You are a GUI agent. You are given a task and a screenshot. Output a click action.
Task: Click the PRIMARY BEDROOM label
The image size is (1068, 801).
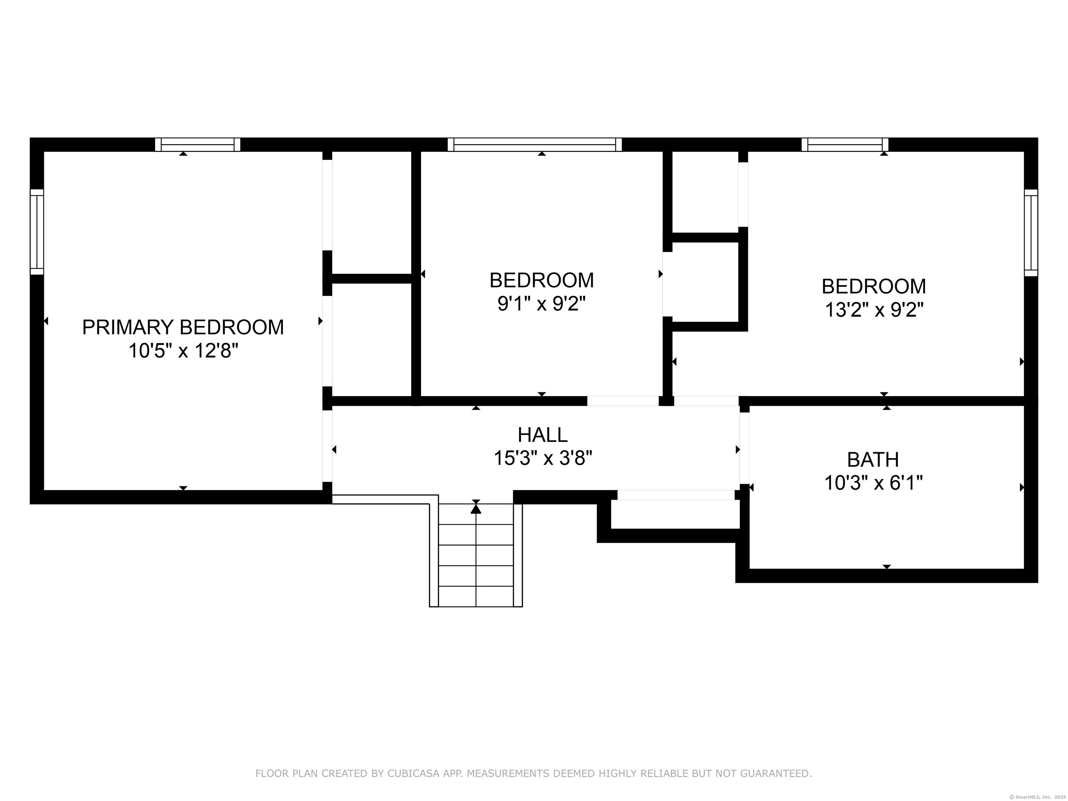(x=183, y=327)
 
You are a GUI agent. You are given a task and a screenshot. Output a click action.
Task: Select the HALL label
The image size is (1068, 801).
(x=542, y=435)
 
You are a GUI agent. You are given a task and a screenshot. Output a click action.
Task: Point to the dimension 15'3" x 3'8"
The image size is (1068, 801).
(x=542, y=458)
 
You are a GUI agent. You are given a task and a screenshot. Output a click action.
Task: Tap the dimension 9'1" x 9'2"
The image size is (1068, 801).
(x=541, y=304)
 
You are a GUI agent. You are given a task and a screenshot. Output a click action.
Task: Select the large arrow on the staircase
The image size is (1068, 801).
(x=476, y=508)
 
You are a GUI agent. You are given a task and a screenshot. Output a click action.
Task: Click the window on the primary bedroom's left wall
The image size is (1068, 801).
(x=37, y=232)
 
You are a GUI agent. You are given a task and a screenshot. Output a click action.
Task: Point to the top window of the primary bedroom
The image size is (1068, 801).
(x=197, y=144)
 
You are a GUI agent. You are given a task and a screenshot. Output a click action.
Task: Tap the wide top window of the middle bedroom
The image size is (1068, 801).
(x=534, y=144)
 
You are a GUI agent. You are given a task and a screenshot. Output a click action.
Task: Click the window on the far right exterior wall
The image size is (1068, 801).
(x=1030, y=233)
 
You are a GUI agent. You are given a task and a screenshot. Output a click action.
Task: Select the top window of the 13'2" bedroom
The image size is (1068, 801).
(x=844, y=144)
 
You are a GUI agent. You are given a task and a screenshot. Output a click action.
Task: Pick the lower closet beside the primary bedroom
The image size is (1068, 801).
(x=371, y=339)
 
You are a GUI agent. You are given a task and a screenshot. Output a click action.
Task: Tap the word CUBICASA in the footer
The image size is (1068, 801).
(x=413, y=774)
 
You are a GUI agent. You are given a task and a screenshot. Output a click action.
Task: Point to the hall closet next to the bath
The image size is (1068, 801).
(x=675, y=514)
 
